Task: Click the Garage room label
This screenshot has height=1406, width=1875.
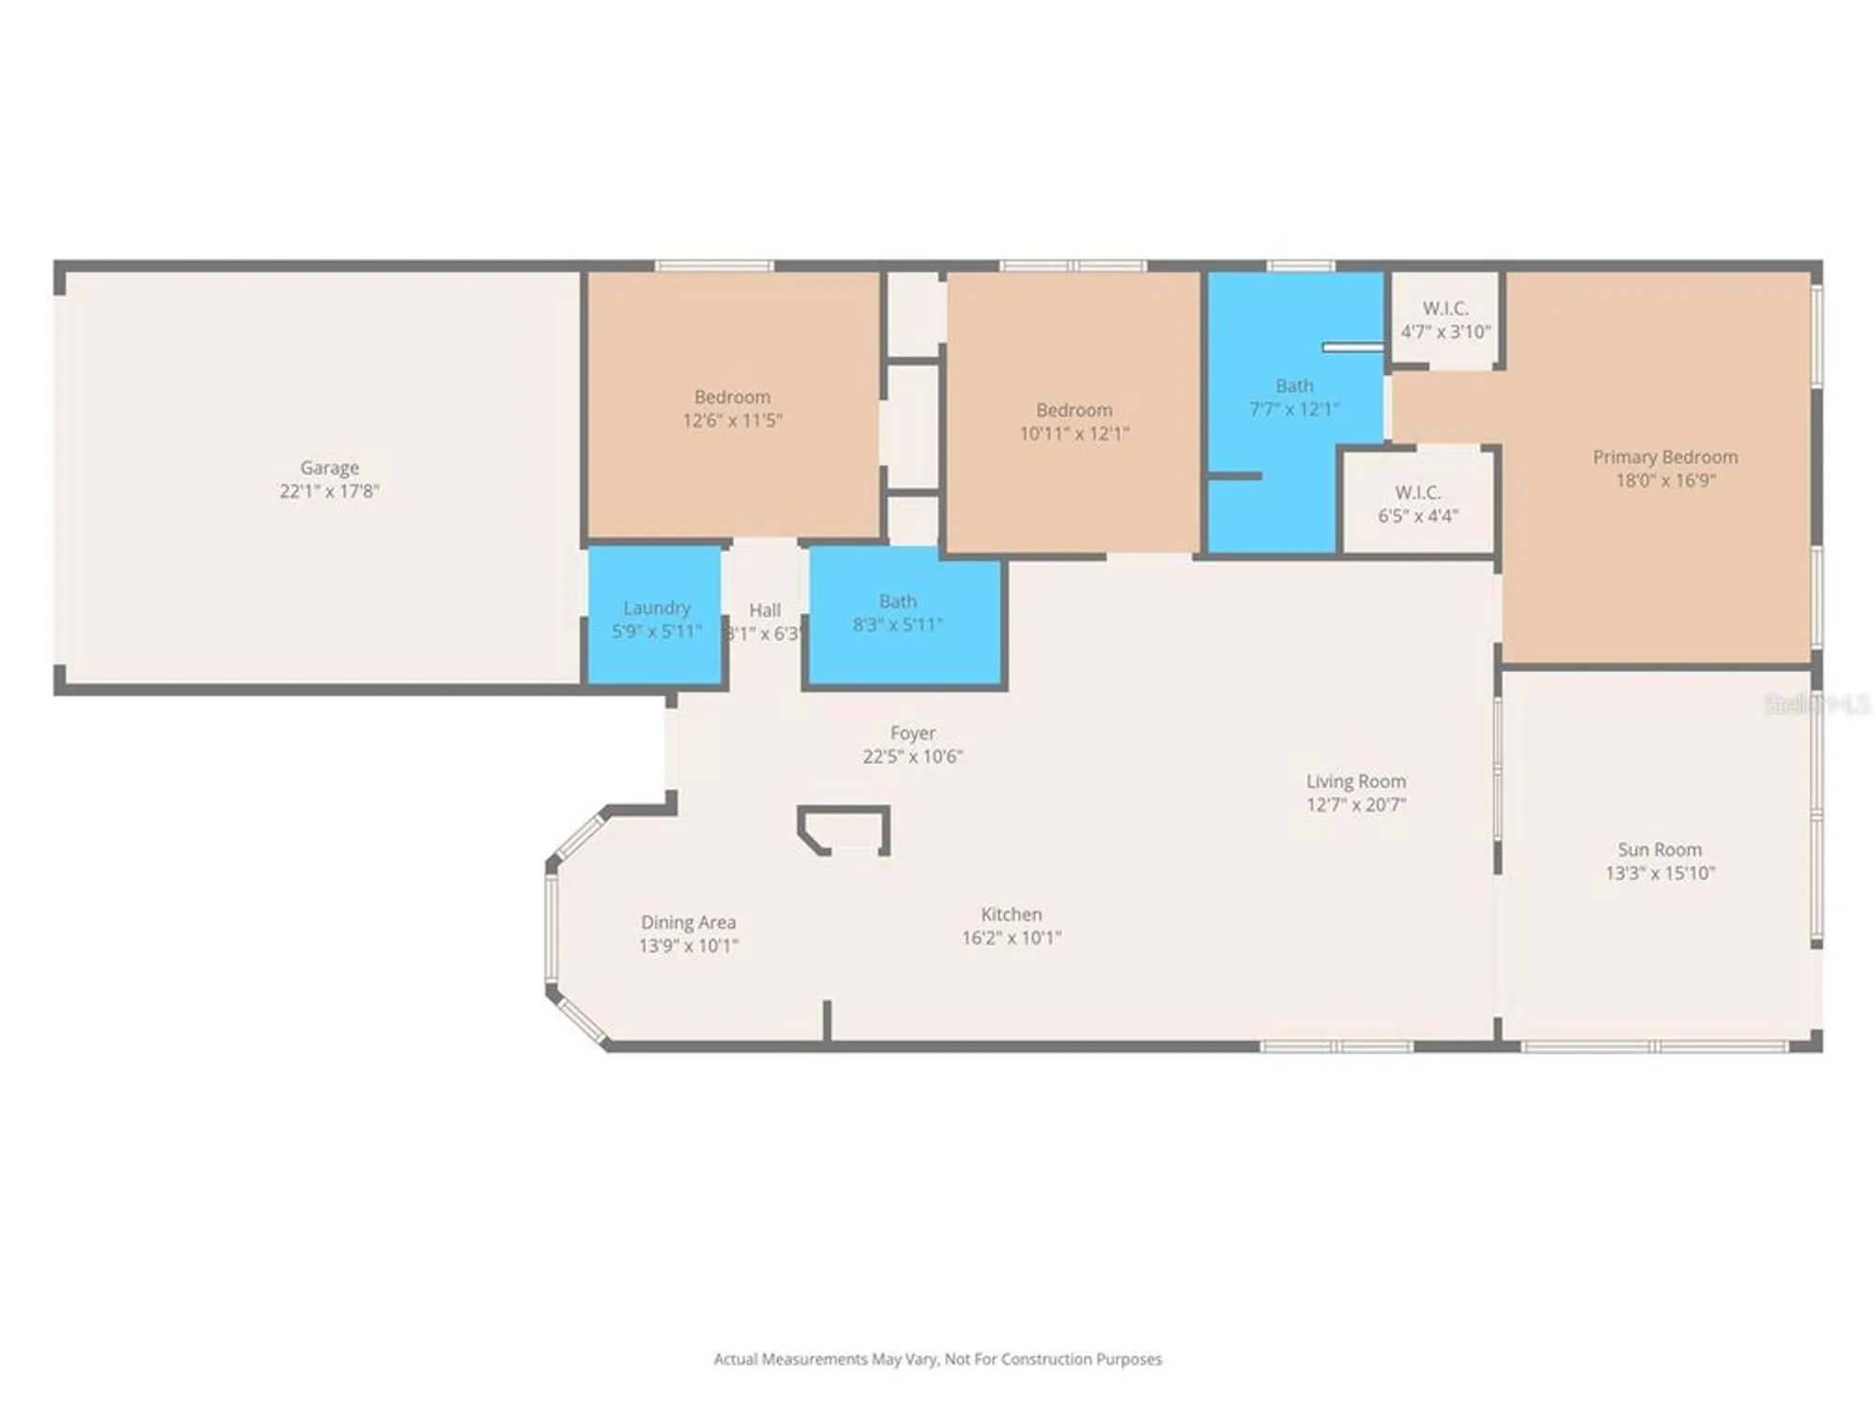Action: [329, 467]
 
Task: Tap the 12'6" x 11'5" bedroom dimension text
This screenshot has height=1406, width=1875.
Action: [732, 420]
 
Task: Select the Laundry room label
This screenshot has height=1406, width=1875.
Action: [656, 607]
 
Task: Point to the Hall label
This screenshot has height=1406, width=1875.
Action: [765, 610]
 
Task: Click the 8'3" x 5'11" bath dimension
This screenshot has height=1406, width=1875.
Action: [897, 624]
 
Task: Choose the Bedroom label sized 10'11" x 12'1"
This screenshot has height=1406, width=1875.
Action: [1073, 410]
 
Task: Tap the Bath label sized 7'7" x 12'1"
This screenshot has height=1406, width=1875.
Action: [1294, 385]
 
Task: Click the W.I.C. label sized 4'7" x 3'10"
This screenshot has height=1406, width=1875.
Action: [1445, 307]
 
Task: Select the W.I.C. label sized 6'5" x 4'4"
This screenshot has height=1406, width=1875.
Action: [1417, 492]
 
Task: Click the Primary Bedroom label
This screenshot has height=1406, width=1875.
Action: [1665, 456]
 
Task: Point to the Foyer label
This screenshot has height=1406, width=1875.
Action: [912, 732]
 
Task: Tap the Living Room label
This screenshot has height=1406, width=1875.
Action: [1356, 781]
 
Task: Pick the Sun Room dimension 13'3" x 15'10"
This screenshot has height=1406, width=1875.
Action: [1659, 873]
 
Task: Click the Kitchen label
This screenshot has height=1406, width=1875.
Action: [1011, 914]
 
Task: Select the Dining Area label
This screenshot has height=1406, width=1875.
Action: [688, 922]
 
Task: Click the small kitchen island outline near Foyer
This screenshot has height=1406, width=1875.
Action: [844, 830]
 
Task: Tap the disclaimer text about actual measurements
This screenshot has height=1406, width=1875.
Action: [937, 1359]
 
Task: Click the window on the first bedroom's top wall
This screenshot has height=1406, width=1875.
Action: [714, 266]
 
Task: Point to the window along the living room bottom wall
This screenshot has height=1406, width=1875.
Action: [1336, 1046]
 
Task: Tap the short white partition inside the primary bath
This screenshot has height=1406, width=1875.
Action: [1352, 348]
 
